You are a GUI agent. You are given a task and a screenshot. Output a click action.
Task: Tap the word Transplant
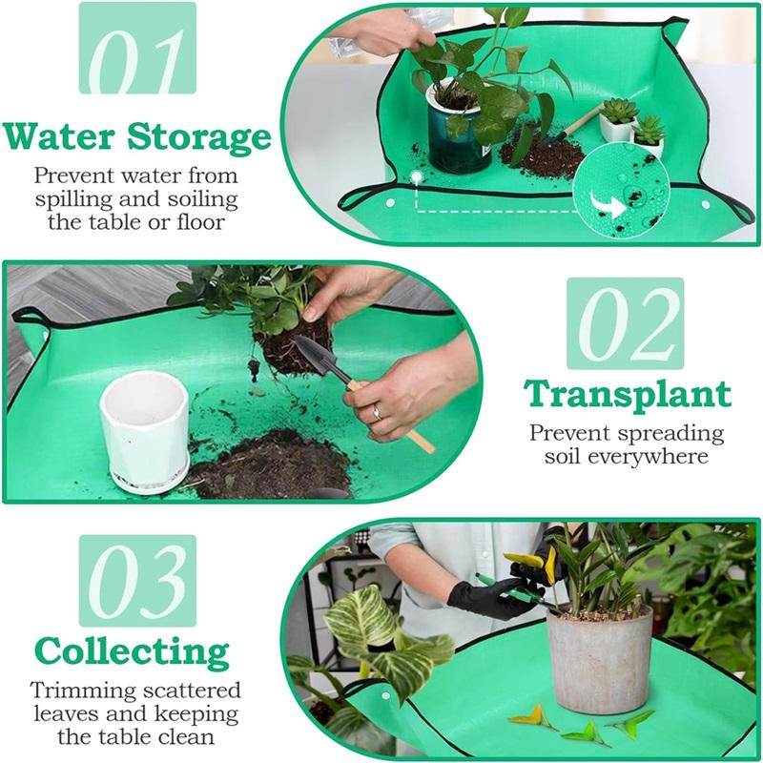[629, 393]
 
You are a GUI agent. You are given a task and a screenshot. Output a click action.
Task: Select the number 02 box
[626, 323]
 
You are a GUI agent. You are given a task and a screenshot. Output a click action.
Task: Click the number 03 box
[137, 580]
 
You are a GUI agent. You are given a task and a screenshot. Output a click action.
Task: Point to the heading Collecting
[134, 653]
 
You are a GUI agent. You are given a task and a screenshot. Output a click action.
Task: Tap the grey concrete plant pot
[599, 658]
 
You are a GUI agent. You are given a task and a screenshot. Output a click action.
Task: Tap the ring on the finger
[376, 412]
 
